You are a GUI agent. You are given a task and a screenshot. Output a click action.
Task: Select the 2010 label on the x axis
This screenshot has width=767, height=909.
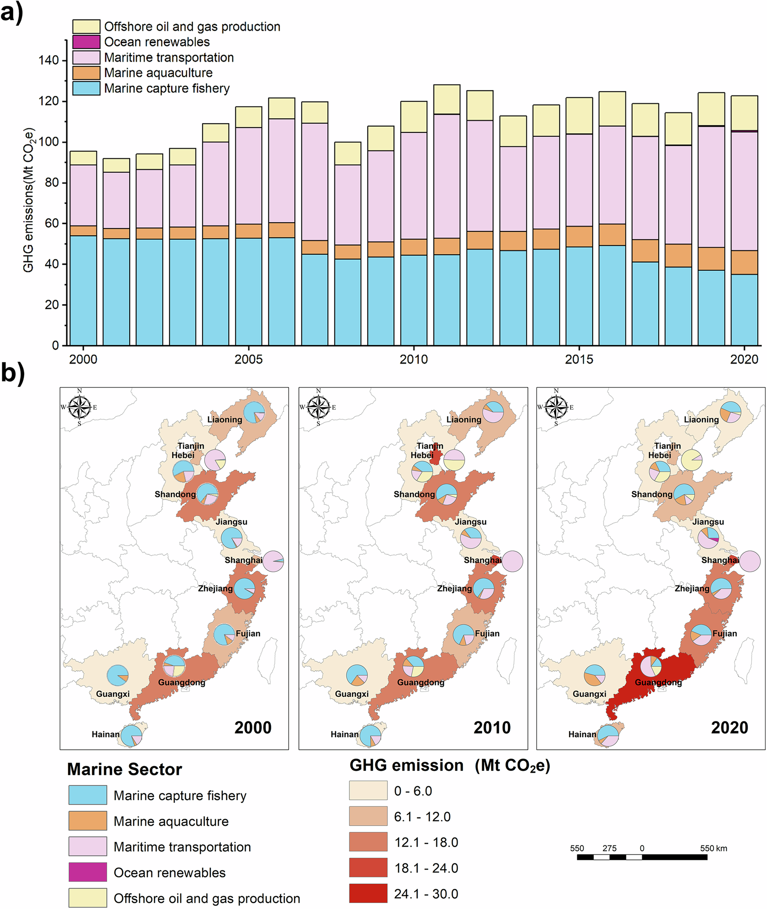click(413, 359)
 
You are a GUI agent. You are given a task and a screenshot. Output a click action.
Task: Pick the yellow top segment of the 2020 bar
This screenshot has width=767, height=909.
click(744, 113)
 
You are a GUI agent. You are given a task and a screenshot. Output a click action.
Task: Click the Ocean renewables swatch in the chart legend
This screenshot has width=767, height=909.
click(86, 42)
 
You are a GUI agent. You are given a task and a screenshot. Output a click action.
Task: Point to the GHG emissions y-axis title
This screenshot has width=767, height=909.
click(28, 200)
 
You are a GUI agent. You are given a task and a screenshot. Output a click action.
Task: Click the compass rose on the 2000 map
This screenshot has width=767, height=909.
click(79, 407)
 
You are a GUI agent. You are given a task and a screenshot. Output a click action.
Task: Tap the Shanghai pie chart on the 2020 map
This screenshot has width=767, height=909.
click(749, 561)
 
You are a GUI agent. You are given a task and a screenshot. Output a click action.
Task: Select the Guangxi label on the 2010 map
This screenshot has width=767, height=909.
click(352, 694)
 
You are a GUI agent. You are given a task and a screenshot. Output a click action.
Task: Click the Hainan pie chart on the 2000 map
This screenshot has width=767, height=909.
click(131, 735)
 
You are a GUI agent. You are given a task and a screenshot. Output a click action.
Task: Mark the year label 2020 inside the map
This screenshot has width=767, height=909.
click(729, 728)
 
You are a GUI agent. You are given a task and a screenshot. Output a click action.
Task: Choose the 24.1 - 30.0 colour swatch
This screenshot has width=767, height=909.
click(368, 893)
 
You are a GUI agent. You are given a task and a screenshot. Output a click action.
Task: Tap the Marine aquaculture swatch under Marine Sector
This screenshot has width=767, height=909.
click(87, 820)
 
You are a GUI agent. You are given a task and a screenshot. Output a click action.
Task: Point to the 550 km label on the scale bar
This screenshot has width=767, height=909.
click(713, 848)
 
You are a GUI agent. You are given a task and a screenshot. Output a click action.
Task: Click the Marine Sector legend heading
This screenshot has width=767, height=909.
click(124, 769)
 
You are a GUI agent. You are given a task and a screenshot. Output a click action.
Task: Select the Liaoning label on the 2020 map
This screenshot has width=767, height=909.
click(701, 419)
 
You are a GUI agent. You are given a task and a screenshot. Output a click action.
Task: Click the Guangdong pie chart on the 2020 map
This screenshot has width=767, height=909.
click(650, 666)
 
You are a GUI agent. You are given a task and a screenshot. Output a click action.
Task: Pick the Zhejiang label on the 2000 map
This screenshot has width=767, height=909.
click(215, 589)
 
